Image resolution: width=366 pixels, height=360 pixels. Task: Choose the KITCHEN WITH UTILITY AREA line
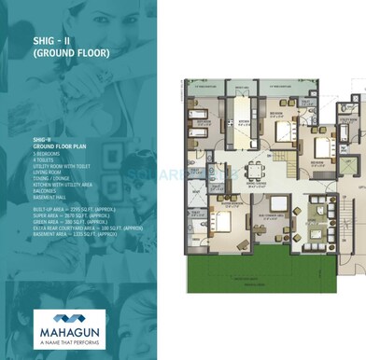click(x=65, y=186)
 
